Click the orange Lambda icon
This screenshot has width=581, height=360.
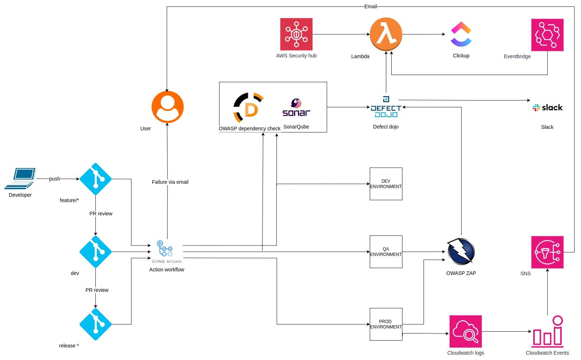point(386,34)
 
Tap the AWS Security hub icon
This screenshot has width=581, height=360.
point(296,34)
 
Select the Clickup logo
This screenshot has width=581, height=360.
point(461,34)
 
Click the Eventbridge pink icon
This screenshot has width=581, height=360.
point(547,35)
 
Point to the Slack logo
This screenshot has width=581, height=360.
point(547,107)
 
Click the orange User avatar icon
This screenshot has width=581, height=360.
point(167,107)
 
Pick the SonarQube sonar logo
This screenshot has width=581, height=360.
point(296,107)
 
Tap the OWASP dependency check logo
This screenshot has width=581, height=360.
point(248,107)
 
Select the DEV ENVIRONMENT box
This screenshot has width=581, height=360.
point(386,184)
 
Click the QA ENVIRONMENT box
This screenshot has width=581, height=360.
point(386,252)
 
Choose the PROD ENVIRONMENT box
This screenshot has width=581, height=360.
point(386,324)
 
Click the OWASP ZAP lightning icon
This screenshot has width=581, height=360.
point(461,251)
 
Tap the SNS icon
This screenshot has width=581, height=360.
point(547,252)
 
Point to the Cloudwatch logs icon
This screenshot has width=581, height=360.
point(466,331)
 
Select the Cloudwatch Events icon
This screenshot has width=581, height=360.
point(547,331)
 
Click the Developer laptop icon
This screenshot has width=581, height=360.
point(20,179)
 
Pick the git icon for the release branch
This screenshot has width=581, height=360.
point(95,324)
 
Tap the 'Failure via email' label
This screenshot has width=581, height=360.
point(170,182)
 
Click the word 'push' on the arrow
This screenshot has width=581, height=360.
point(55,179)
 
